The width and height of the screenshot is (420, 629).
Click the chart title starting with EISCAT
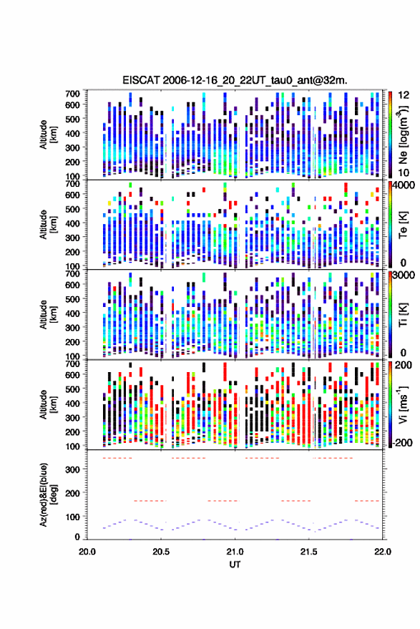(235, 80)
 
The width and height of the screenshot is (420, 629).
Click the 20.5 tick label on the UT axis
(161, 552)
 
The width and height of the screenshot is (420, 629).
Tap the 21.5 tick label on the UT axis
(308, 552)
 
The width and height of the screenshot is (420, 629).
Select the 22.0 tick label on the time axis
(382, 552)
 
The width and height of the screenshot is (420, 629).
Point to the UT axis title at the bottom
(235, 565)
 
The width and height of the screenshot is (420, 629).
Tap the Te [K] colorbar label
(404, 225)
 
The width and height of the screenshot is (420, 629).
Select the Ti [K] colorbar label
(404, 315)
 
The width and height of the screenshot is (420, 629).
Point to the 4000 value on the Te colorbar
(404, 186)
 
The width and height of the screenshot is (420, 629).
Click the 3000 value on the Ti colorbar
(404, 276)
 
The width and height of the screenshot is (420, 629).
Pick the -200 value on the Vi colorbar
(402, 443)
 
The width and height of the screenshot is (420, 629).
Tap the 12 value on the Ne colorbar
(404, 95)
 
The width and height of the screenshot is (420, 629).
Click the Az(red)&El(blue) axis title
(48, 494)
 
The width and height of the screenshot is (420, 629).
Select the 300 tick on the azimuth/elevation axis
(73, 469)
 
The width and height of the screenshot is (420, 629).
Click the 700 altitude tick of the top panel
(72, 94)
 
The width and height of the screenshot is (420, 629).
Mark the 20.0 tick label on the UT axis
(87, 552)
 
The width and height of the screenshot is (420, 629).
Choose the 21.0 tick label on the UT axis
(235, 552)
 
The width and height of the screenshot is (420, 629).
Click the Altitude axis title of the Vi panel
(48, 404)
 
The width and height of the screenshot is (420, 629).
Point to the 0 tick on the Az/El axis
(77, 537)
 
